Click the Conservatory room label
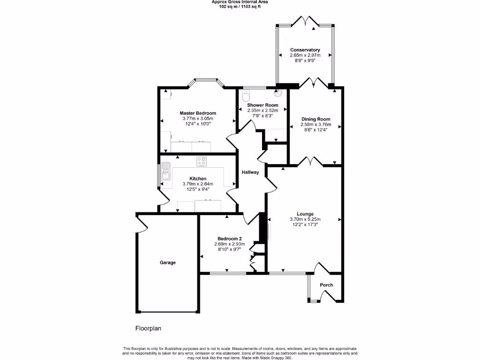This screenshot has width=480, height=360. click(305, 50)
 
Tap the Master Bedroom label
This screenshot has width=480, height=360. click(198, 113)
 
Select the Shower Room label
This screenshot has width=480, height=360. click(262, 105)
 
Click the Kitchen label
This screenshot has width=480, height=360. click(198, 179)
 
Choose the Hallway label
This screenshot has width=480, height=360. click(250, 172)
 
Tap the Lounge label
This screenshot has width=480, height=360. click(305, 214)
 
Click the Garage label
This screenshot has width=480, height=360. click(167, 262)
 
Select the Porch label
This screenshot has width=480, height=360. click(326, 285)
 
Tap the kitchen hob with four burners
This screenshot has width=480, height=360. click(202, 161)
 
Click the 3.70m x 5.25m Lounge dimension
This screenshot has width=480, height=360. click(305, 219)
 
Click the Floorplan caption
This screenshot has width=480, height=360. click(148, 329)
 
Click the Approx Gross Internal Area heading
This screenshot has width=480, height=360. click(240, 2)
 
